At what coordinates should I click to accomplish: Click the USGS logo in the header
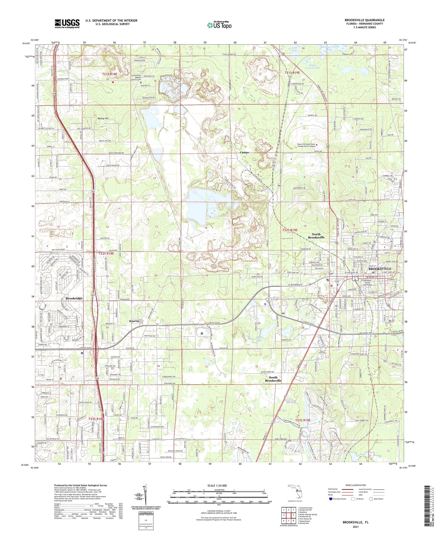(67, 24)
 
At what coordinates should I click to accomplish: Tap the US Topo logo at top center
(219, 25)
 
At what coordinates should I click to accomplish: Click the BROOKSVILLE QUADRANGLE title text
(364, 20)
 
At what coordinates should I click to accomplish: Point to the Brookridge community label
(74, 298)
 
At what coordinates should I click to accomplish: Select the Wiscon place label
(134, 321)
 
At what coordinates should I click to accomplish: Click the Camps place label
(244, 152)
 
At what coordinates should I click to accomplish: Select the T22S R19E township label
(290, 230)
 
